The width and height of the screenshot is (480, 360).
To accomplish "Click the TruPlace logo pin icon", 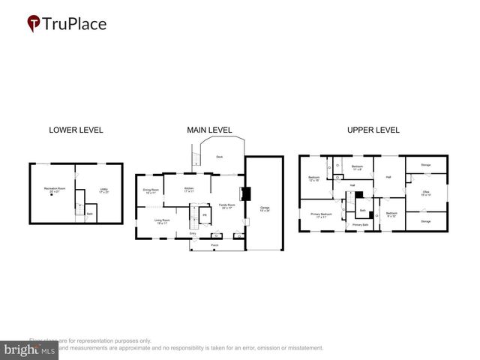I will pos(34,23).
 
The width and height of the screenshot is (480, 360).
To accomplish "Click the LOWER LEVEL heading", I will pos(76,130).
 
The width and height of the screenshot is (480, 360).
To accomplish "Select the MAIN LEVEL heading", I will pos(209,130).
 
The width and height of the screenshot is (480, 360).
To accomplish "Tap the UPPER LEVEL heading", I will pos(373,130).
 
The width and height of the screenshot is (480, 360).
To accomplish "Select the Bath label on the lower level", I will pos(88,214).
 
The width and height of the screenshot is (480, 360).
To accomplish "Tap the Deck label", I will pos(219,157).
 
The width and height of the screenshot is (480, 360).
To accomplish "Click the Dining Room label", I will pos(151,190).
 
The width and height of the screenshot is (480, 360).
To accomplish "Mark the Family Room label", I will pos(226,205).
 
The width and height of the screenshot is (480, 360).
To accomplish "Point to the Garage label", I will pos(264,208).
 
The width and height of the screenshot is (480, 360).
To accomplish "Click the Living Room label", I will pos(162,220).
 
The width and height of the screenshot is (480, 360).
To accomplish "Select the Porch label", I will pos(214,245).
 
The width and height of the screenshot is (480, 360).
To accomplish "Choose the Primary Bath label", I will pos(360,225).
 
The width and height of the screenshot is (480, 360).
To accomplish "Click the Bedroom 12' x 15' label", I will pos(313,178).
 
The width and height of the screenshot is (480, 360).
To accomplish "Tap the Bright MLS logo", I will pos(30,349).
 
